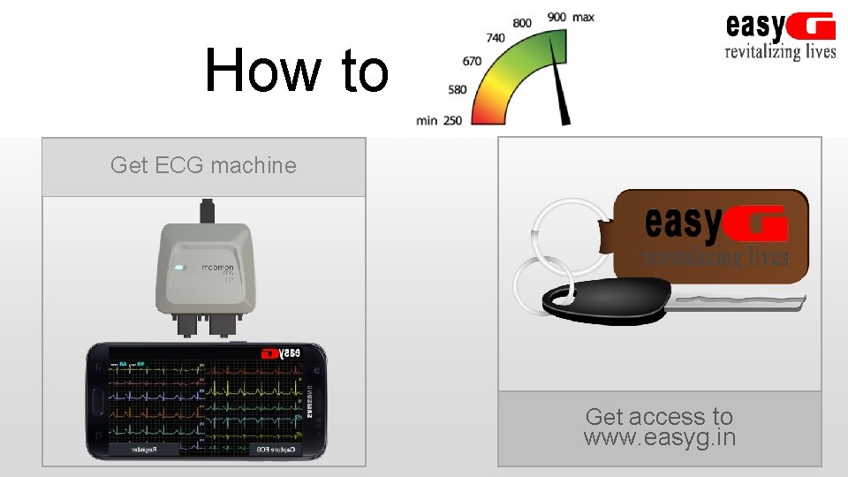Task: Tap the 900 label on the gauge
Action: tap(556, 17)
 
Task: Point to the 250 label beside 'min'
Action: tap(452, 120)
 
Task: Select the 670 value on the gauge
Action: tap(472, 61)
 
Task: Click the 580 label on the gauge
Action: tap(458, 89)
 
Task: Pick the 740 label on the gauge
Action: tap(496, 38)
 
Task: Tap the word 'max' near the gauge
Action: tap(583, 17)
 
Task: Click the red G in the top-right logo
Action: tap(812, 27)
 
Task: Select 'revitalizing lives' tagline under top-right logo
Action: tap(779, 51)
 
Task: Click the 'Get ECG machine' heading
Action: tap(203, 165)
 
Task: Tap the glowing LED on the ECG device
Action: tap(179, 268)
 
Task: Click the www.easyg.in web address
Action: tap(659, 437)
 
